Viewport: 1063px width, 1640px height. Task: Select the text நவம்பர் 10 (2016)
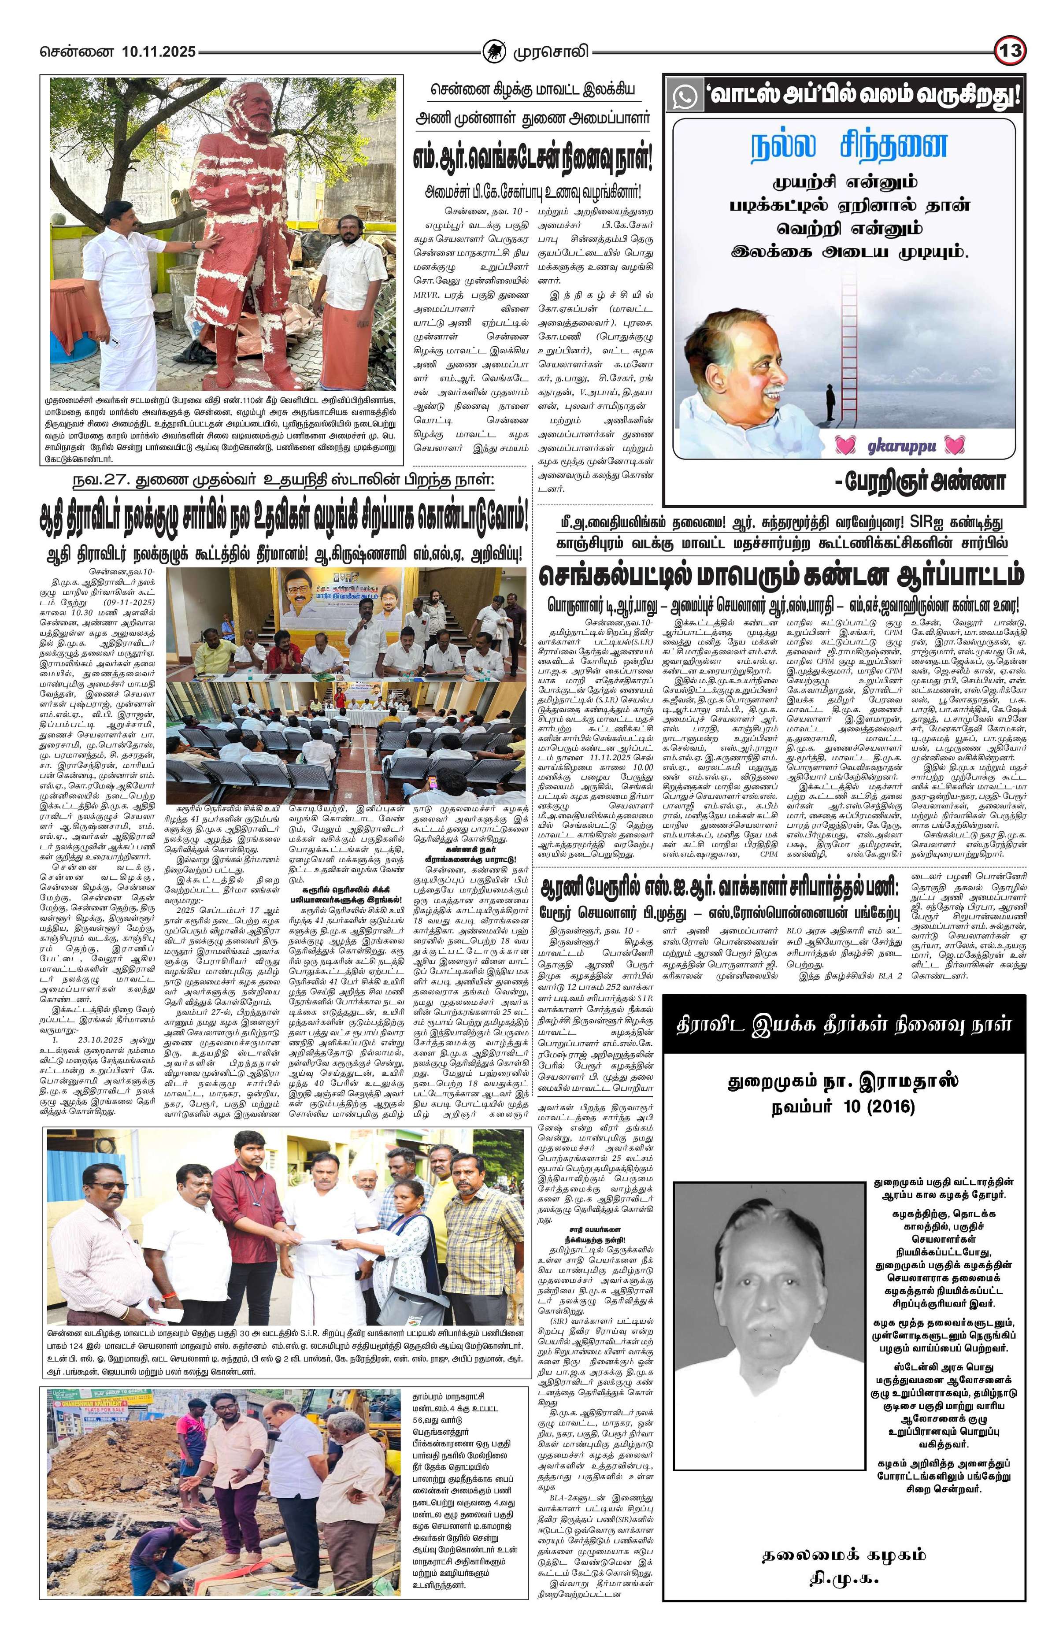coord(843,1107)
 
